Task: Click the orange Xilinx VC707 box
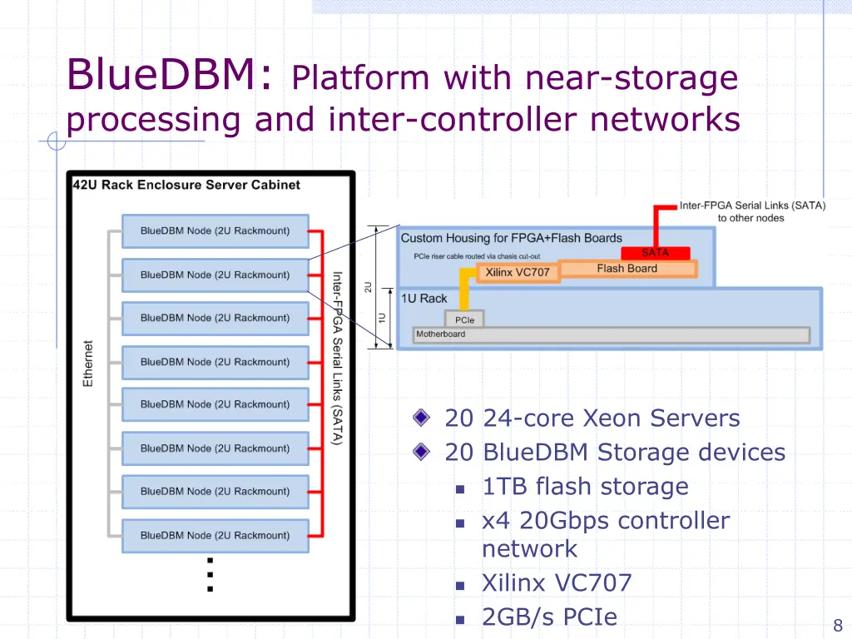[517, 272]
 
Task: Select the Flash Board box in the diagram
[627, 269]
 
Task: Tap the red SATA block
[655, 253]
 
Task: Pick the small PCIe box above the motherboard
[464, 319]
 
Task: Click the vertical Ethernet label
[88, 363]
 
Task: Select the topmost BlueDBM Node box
[215, 231]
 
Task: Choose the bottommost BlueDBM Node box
[215, 536]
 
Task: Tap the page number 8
[838, 626]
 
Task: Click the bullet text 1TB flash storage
[585, 487]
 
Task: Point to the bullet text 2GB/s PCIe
[549, 617]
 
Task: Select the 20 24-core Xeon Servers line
[592, 418]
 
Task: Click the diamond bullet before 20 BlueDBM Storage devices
[423, 453]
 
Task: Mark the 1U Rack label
[424, 299]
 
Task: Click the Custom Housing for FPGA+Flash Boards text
[511, 239]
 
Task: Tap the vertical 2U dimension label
[368, 287]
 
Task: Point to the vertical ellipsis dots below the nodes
[211, 574]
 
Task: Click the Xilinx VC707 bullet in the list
[557, 582]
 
